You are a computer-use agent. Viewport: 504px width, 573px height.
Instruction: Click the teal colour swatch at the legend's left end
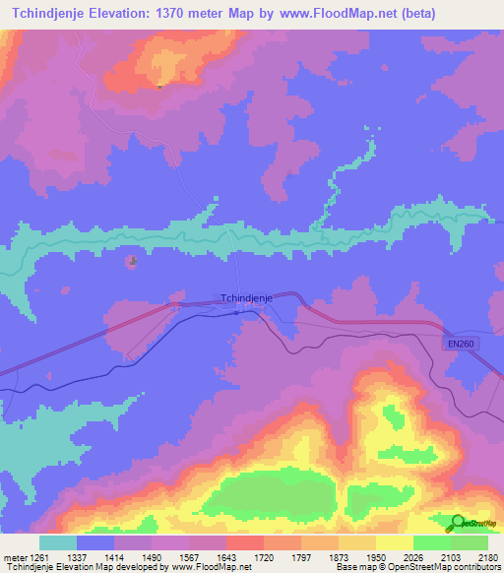tap(58, 542)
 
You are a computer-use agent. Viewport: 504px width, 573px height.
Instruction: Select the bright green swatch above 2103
tap(432, 542)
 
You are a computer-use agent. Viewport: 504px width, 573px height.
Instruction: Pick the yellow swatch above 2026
tap(395, 542)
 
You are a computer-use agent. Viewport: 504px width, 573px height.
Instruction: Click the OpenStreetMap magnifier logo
tap(459, 523)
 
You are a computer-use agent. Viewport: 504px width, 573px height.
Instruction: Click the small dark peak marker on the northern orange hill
tap(158, 86)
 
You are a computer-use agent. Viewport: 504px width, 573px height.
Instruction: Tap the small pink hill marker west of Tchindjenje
tap(132, 261)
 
